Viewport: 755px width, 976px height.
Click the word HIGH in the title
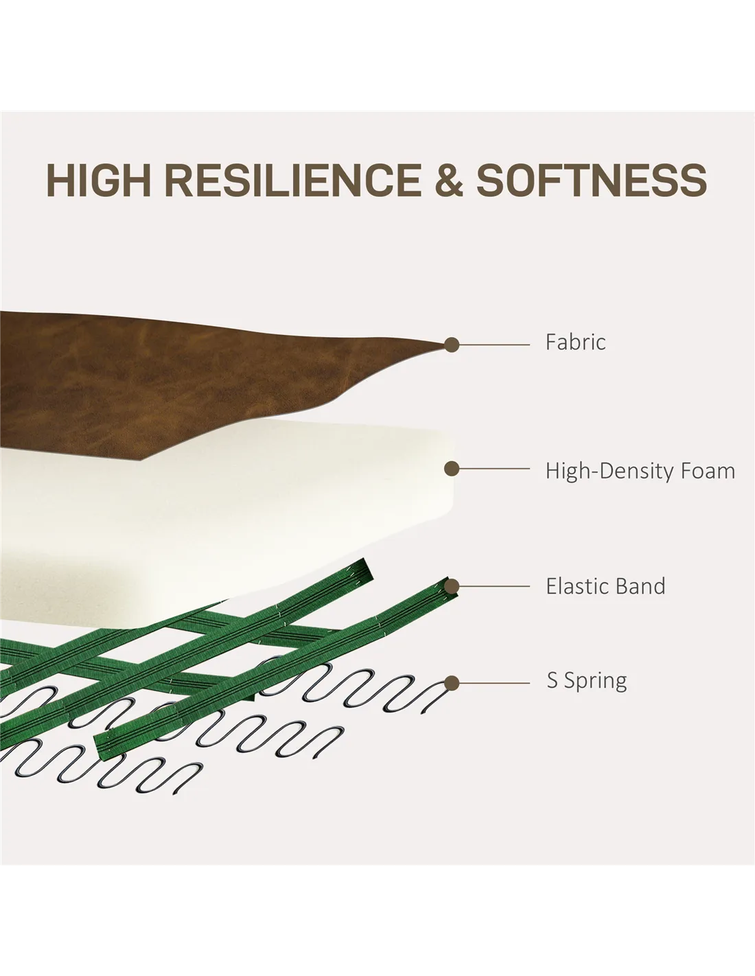(98, 181)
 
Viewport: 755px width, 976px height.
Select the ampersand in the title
(448, 181)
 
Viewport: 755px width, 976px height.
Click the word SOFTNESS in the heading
(592, 181)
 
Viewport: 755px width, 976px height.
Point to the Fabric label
(575, 342)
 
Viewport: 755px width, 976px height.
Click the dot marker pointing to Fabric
(452, 345)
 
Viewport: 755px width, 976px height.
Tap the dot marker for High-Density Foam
(452, 469)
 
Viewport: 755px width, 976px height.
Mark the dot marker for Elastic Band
(452, 586)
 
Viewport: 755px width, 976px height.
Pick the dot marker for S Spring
(452, 683)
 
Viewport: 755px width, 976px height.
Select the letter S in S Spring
(552, 681)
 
